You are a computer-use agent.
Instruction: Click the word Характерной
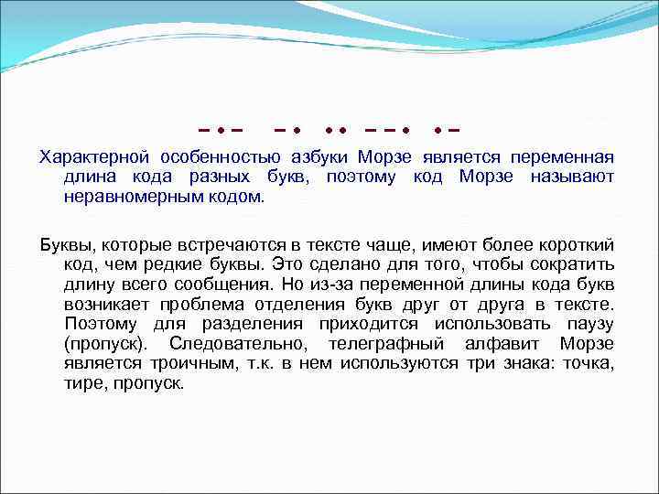pyautogui.click(x=89, y=157)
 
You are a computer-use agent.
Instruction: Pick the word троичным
pyautogui.click(x=164, y=363)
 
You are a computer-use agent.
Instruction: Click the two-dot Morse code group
pyautogui.click(x=335, y=127)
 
